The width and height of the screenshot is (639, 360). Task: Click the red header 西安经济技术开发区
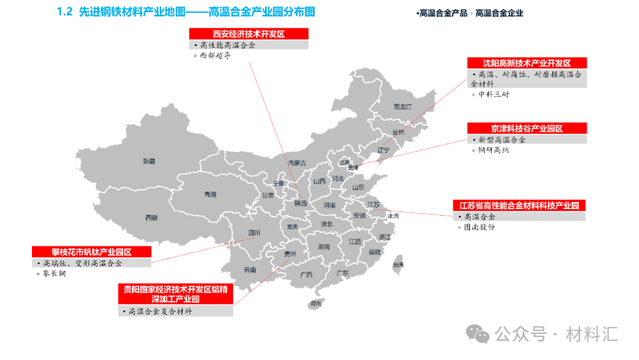248,34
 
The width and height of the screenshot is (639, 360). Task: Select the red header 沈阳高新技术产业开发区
527,63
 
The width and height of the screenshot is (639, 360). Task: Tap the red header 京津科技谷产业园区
527,128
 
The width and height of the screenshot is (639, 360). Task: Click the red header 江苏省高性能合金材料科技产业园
519,205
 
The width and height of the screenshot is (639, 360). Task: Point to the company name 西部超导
215,56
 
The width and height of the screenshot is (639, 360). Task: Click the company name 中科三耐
493,94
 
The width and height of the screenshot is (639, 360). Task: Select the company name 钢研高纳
493,150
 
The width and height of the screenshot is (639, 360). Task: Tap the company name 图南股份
479,227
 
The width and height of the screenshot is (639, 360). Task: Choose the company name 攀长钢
54,274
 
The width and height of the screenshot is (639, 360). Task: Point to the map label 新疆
149,161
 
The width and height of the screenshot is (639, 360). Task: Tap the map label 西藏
151,217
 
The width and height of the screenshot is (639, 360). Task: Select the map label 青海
210,194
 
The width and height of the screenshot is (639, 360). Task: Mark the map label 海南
315,304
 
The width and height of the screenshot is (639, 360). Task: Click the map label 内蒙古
297,163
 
